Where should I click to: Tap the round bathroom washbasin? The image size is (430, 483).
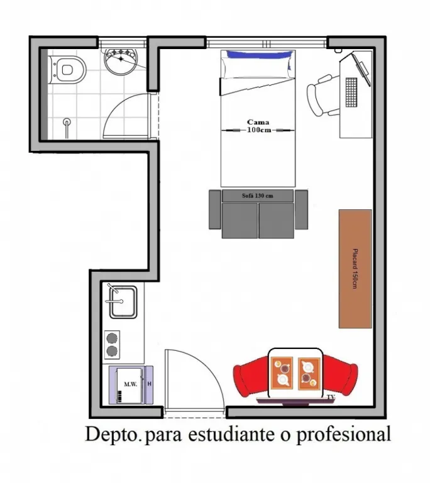tap(121, 62)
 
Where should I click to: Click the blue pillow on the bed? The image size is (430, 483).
tap(259, 55)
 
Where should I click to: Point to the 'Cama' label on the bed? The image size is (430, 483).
tap(258, 122)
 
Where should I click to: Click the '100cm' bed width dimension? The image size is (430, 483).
tap(259, 130)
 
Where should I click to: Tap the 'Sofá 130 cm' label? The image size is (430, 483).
tap(258, 196)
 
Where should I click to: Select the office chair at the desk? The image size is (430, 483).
tap(322, 95)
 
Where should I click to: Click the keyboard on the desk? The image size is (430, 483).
tap(351, 92)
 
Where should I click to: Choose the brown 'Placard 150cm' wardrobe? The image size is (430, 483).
tap(355, 269)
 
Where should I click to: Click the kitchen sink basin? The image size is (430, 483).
tap(123, 302)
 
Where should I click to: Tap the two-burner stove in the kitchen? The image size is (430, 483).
tap(112, 345)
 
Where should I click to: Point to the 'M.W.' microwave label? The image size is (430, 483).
tap(131, 384)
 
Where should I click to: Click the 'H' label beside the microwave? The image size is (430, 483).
tap(150, 384)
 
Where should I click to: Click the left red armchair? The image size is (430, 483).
tap(251, 377)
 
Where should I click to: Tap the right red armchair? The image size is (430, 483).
tap(340, 375)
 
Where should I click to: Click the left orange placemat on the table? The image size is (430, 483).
tap(282, 373)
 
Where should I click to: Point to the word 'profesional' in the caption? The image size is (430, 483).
tap(343, 435)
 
